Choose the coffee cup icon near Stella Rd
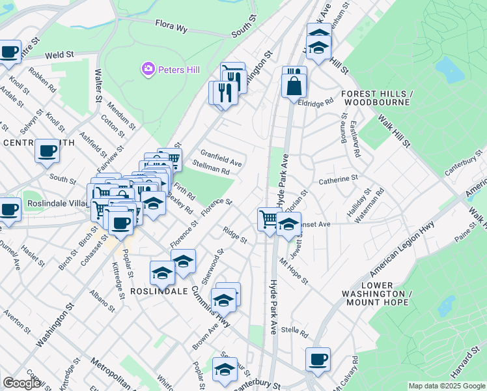click(x=318, y=359)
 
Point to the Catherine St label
click(x=338, y=177)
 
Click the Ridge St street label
click(x=234, y=235)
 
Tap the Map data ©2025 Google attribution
click(x=447, y=386)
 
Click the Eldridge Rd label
click(x=316, y=102)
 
